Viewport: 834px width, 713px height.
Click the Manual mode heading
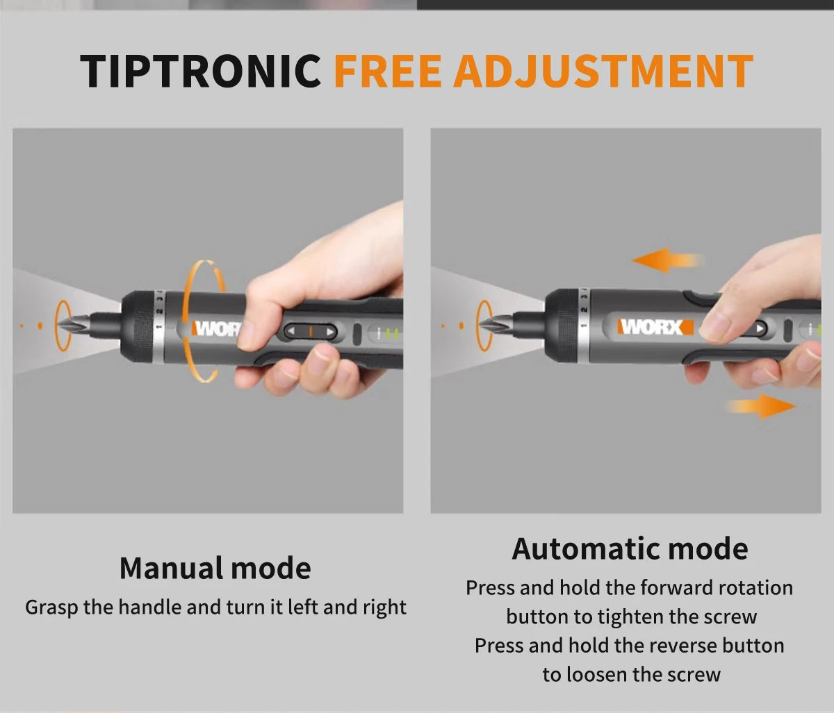click(x=215, y=568)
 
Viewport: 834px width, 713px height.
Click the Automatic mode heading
click(x=630, y=548)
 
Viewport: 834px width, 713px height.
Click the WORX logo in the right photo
click(x=653, y=326)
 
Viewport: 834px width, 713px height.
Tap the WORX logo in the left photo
click(x=216, y=328)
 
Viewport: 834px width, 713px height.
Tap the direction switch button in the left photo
click(x=311, y=331)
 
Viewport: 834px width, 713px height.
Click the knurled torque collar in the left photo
click(x=140, y=326)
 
